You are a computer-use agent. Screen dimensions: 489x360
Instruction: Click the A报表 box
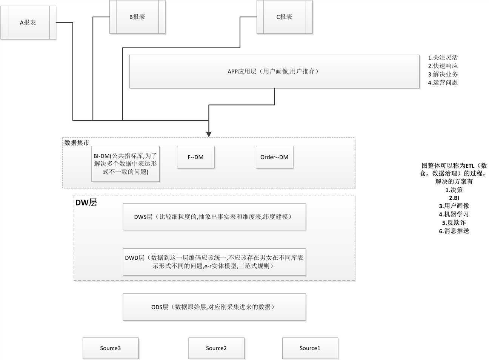(28, 23)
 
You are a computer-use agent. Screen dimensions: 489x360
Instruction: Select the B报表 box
(137, 17)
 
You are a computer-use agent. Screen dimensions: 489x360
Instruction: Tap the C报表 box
(284, 17)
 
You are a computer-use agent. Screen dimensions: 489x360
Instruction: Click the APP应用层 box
(274, 72)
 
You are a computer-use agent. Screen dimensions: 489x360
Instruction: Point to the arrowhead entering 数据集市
(209, 134)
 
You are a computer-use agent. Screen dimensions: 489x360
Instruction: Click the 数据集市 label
(77, 143)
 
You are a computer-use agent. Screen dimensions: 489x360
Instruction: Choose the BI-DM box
(126, 164)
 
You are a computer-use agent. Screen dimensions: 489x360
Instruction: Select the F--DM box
(195, 157)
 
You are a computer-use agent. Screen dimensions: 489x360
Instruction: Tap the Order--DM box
(274, 157)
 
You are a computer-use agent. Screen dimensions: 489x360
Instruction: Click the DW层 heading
(86, 202)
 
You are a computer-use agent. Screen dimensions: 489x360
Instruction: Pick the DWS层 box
(214, 217)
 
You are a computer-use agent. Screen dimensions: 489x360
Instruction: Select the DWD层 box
(214, 262)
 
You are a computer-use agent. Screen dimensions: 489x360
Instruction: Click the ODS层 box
(214, 307)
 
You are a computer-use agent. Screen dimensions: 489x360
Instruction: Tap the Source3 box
(111, 348)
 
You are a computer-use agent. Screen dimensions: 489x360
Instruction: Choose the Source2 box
(216, 348)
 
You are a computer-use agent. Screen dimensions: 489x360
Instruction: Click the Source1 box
(310, 348)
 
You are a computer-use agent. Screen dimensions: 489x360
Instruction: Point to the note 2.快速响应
(443, 66)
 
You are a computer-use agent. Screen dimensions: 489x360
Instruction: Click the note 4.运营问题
(443, 83)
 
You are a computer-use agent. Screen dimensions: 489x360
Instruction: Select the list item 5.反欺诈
(454, 223)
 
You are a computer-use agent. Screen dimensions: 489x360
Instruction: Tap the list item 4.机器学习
(454, 214)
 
